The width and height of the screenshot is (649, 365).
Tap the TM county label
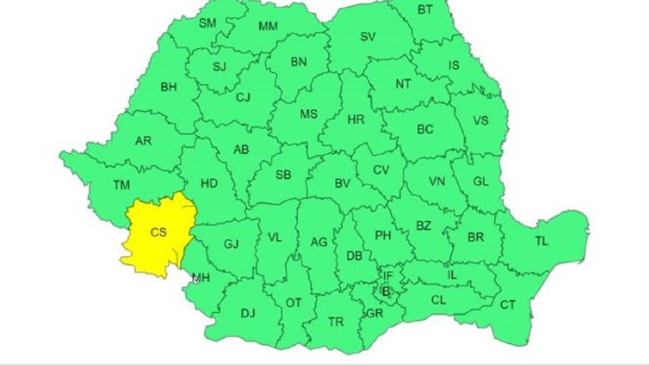pos(121,185)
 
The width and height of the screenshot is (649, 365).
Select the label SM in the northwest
pos(207,23)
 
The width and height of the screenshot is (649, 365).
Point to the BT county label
pos(425,9)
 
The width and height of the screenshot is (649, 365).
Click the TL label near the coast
pos(541,241)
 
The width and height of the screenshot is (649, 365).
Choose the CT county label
pos(508,305)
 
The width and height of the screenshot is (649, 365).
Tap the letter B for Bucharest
pos(386,292)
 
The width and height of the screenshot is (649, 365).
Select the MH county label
pos(201,279)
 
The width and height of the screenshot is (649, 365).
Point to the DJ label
pos(248,313)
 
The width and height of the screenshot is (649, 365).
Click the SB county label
pos(283,174)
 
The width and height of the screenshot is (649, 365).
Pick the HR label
pos(355,119)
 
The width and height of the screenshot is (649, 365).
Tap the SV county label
pos(368,36)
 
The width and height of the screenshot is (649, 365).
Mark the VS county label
pos(481,120)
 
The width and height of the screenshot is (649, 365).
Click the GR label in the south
pos(375,313)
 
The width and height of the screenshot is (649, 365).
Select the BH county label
pos(169,87)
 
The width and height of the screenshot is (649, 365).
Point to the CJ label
pos(243,97)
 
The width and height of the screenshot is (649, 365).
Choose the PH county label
pos(383,235)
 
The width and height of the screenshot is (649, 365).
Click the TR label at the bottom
pos(336,322)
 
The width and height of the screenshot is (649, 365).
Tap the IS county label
pos(453,65)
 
